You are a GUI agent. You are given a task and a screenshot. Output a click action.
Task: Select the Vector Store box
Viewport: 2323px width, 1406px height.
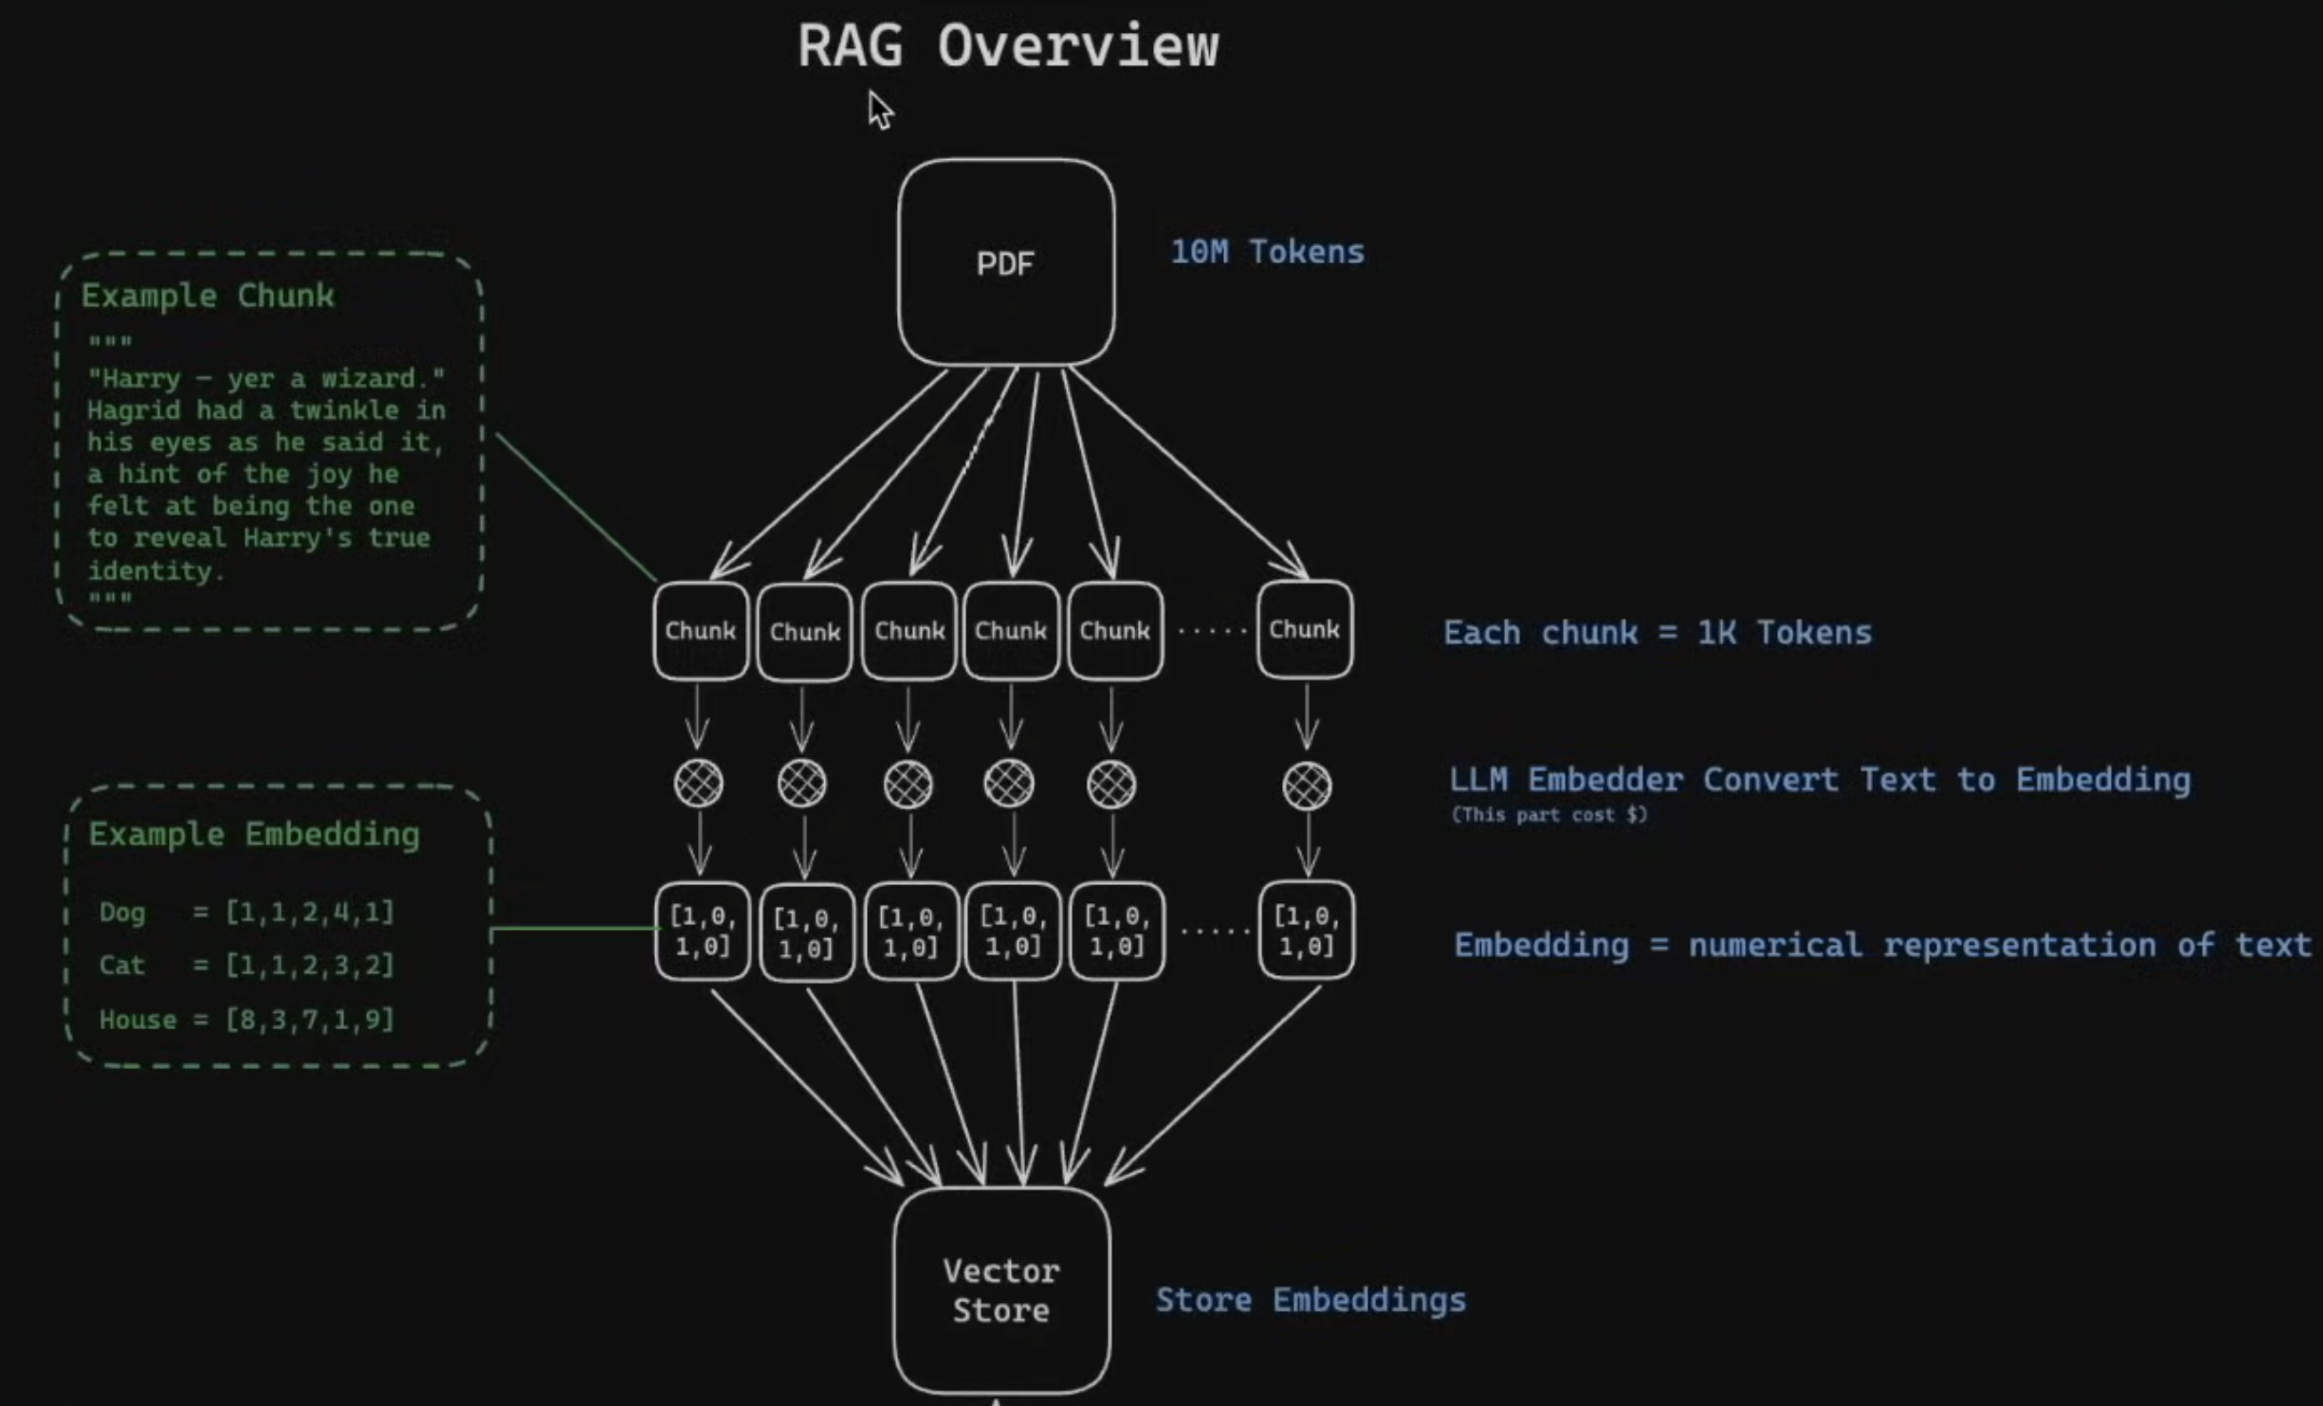pyautogui.click(x=1001, y=1290)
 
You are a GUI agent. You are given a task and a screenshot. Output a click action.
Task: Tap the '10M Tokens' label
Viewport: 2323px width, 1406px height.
pyautogui.click(x=1267, y=252)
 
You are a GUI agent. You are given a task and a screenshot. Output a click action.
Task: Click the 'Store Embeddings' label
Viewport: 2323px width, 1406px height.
pyautogui.click(x=1310, y=1299)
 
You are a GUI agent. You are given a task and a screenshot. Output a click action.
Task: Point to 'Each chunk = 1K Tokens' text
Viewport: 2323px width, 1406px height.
pyautogui.click(x=1656, y=632)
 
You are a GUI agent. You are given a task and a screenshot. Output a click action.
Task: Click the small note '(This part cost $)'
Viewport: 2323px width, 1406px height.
pyautogui.click(x=1549, y=814)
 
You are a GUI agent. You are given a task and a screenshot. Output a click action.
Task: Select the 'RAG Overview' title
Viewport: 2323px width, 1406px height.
pyautogui.click(x=1008, y=45)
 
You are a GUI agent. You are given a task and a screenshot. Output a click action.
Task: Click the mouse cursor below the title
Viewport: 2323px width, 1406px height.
pyautogui.click(x=879, y=109)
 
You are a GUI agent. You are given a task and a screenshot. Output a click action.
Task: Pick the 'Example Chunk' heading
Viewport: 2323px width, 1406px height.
pyautogui.click(x=207, y=295)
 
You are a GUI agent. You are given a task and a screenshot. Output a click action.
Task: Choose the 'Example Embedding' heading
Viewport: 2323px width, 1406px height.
pyautogui.click(x=253, y=834)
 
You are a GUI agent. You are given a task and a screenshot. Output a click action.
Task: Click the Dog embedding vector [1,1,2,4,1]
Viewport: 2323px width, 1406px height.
pyautogui.click(x=309, y=911)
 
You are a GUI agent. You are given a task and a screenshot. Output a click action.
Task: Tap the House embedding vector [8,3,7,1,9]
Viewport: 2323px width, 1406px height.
pyautogui.click(x=309, y=1019)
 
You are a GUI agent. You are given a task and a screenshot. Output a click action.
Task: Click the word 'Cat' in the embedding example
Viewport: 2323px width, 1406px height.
pyautogui.click(x=122, y=965)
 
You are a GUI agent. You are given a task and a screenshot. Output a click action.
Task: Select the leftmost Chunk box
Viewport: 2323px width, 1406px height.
pyautogui.click(x=701, y=630)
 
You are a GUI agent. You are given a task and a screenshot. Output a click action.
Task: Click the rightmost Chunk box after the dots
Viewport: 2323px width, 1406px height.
pyautogui.click(x=1304, y=629)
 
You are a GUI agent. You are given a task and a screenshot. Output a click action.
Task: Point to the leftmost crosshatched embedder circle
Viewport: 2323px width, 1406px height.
pyautogui.click(x=699, y=783)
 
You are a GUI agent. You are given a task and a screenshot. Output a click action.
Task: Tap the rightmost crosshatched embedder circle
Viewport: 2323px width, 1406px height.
pyautogui.click(x=1307, y=785)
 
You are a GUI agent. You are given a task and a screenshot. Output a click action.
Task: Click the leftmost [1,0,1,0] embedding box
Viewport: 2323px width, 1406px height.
pyautogui.click(x=702, y=931)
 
